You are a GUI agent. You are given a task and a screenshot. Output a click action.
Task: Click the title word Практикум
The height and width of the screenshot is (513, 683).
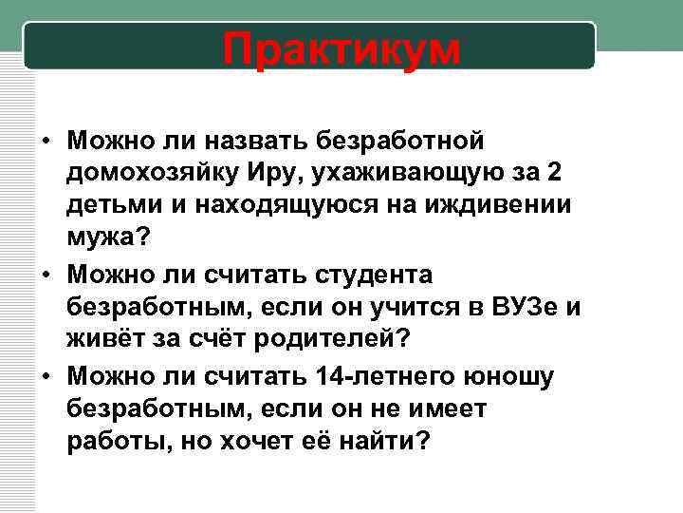[341, 48]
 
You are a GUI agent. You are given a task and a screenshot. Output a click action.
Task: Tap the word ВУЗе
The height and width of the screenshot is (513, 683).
[521, 308]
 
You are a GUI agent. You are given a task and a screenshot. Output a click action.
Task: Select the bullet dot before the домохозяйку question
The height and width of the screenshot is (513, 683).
[45, 142]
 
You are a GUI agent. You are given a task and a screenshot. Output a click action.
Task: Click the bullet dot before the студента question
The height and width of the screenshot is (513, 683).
[45, 276]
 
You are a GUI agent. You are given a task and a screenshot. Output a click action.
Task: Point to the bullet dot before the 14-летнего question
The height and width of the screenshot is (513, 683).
[45, 377]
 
